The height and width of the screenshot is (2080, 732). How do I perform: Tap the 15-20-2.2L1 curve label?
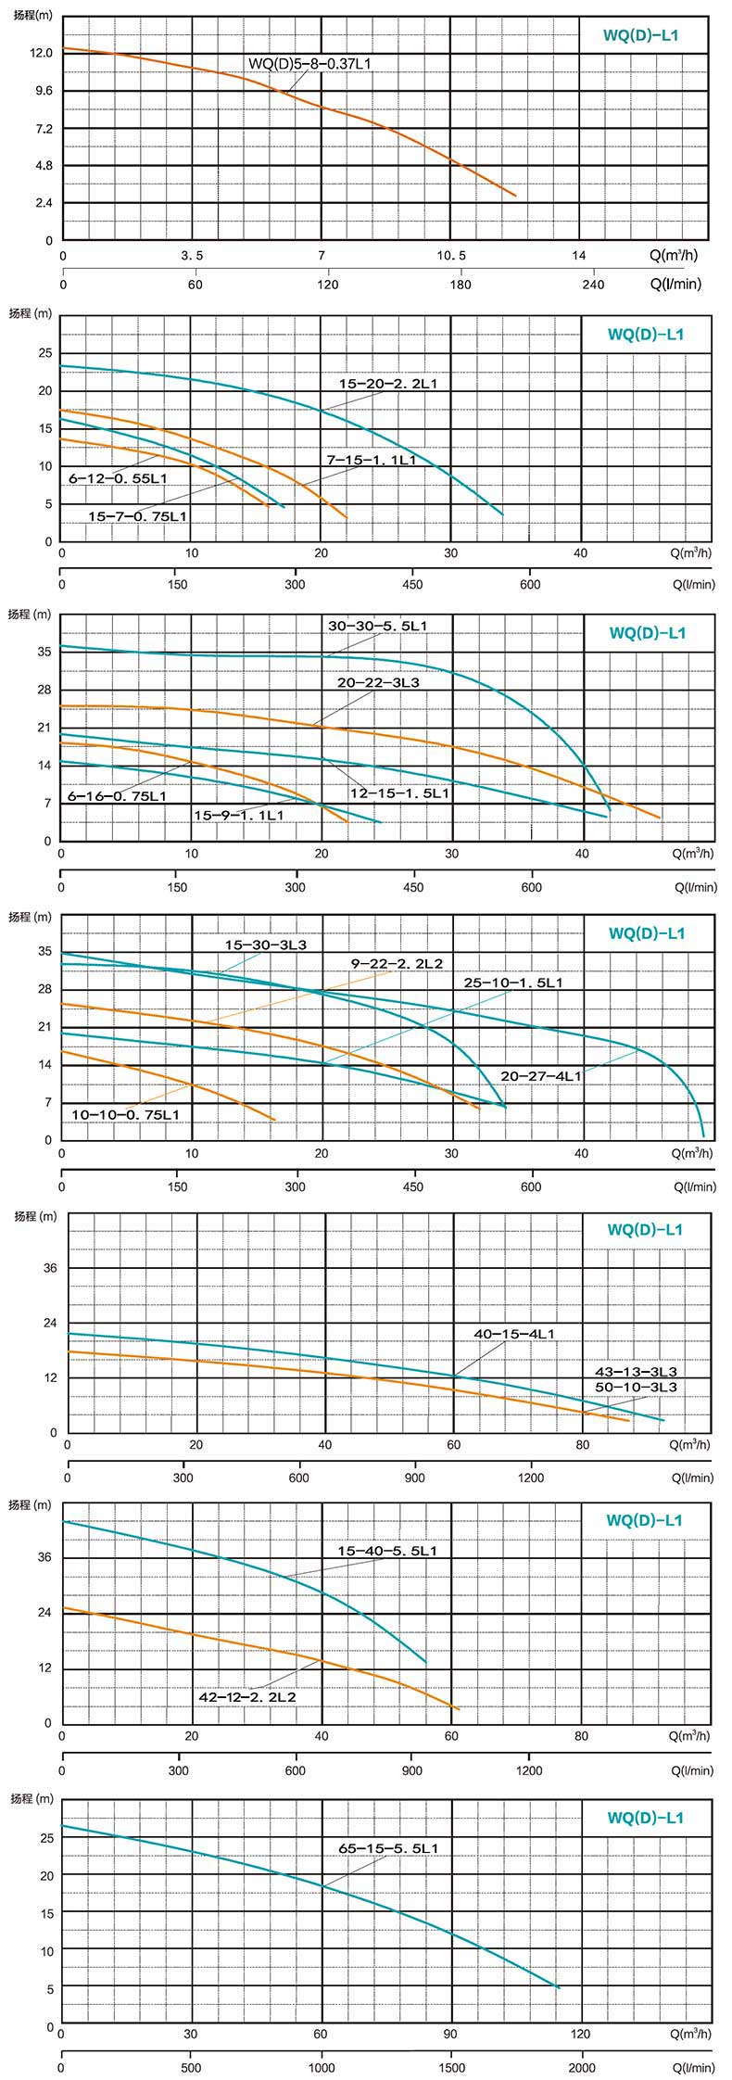click(x=386, y=383)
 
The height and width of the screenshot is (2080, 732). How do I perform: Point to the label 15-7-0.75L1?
click(x=138, y=516)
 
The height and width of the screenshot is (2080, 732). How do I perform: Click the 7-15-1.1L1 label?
click(x=371, y=460)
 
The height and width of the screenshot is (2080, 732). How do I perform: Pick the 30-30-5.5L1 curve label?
click(x=377, y=627)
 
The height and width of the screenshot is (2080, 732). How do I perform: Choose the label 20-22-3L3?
click(x=378, y=682)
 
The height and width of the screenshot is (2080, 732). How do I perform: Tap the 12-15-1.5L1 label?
click(x=399, y=793)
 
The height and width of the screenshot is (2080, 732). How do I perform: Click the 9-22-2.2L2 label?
click(x=396, y=964)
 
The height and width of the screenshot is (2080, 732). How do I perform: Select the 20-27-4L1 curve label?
click(x=541, y=1076)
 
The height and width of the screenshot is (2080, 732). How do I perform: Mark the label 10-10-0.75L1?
click(x=126, y=1113)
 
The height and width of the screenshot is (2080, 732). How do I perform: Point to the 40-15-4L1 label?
click(x=513, y=1334)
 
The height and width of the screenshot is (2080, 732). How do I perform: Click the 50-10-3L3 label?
click(x=636, y=1387)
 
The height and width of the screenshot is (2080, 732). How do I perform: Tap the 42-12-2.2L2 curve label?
click(x=247, y=1697)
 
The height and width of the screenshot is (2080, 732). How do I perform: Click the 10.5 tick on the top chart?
click(x=451, y=256)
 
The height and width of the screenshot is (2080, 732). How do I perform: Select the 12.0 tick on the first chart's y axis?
click(x=42, y=54)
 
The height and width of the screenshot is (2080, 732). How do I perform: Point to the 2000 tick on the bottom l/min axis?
click(x=582, y=2068)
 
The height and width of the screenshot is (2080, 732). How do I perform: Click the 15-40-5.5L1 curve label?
click(x=387, y=1551)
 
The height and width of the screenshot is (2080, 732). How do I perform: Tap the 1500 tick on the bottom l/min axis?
click(x=451, y=2068)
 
